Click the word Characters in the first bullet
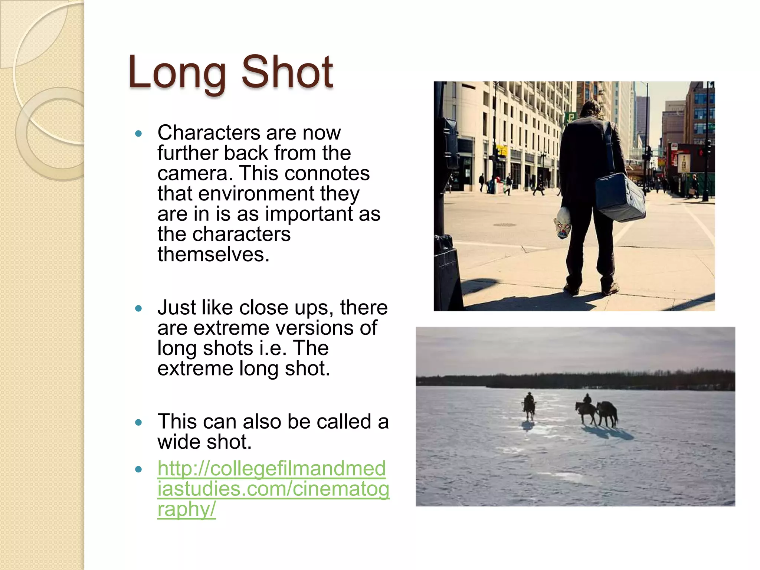point(208,132)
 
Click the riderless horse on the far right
point(608,413)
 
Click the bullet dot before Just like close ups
point(139,308)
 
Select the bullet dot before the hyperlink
point(139,469)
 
